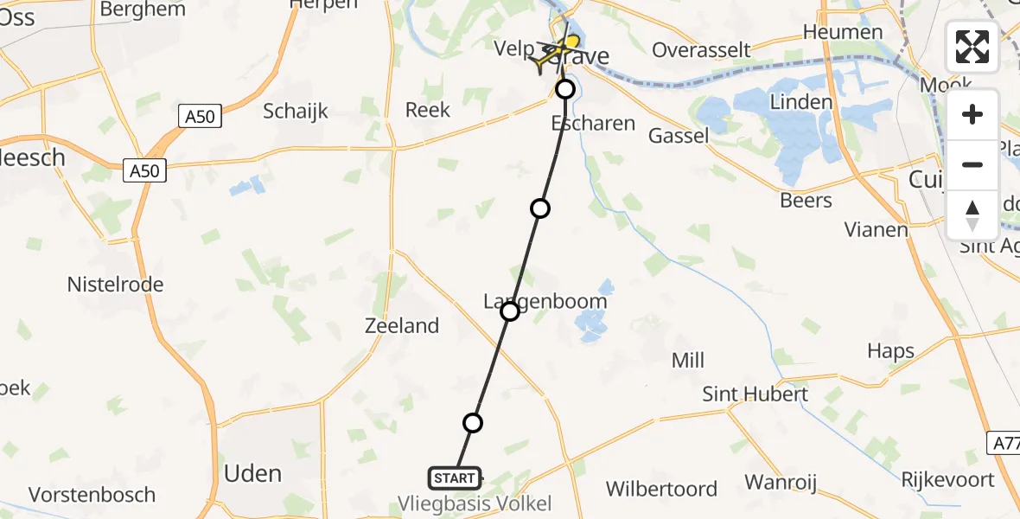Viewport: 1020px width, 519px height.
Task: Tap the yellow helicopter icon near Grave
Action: (x=557, y=54)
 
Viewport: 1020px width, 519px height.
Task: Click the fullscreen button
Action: (x=972, y=47)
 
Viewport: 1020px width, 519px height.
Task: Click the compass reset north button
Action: (x=972, y=215)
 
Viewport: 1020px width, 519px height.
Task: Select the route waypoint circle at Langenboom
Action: (x=510, y=311)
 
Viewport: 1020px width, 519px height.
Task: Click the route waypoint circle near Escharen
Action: (x=565, y=89)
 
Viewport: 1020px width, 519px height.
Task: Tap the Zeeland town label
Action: (x=402, y=326)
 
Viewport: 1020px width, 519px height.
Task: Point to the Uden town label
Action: (x=252, y=473)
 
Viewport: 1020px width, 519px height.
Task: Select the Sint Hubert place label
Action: (x=755, y=394)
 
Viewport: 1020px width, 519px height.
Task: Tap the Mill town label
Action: (x=688, y=360)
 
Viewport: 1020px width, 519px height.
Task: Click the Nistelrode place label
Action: (x=115, y=284)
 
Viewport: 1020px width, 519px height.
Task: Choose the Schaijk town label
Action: (x=296, y=111)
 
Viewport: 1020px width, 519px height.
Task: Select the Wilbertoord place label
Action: (x=661, y=489)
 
